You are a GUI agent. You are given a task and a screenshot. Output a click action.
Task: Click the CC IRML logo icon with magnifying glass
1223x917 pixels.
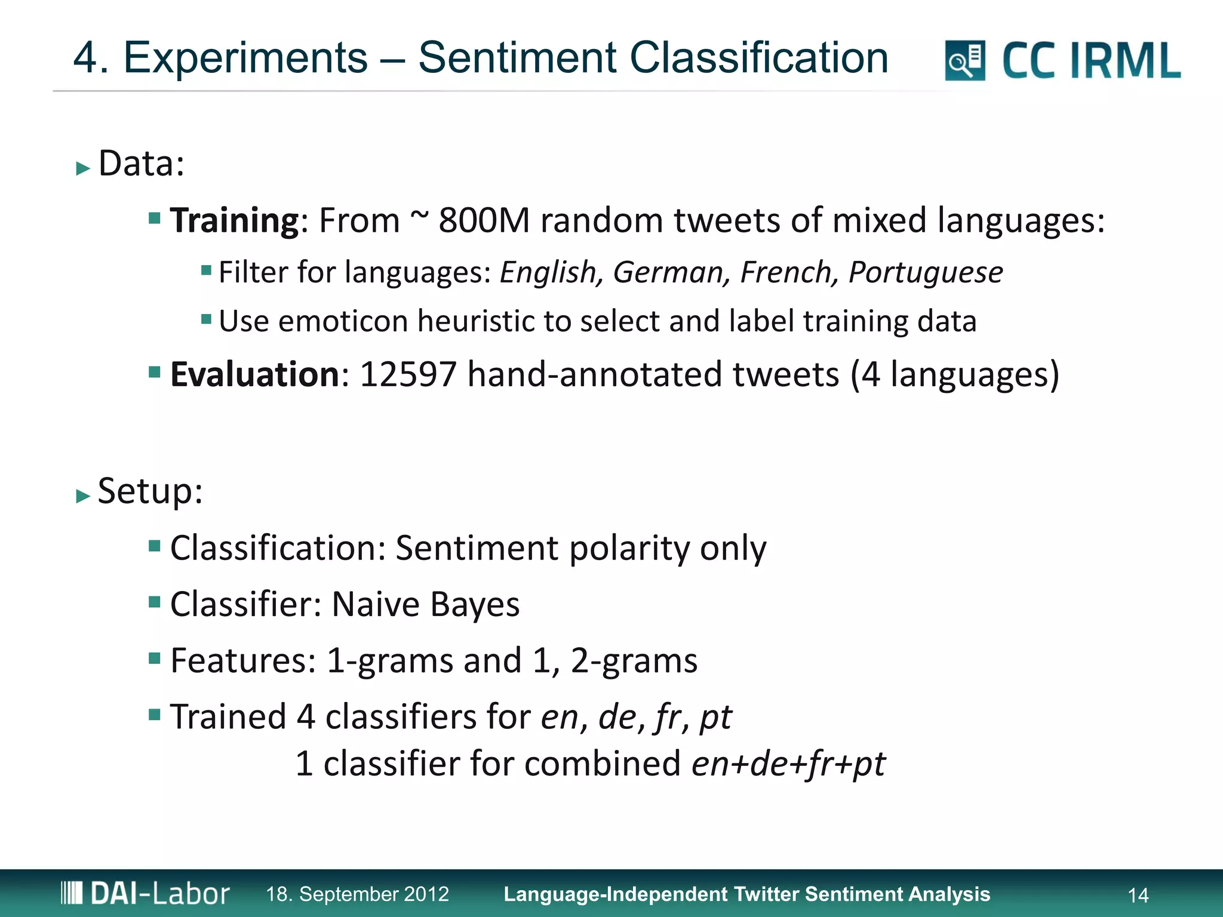[964, 60]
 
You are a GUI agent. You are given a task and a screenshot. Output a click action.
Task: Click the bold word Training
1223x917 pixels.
[234, 220]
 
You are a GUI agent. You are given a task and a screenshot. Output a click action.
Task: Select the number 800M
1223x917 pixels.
[484, 220]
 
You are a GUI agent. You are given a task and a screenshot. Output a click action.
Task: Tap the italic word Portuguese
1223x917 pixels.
[926, 273]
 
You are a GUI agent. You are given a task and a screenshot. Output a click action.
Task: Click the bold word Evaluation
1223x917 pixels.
[255, 374]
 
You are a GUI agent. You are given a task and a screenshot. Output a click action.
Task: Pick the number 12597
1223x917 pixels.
[408, 374]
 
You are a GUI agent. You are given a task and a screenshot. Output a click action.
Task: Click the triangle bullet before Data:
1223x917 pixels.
[83, 168]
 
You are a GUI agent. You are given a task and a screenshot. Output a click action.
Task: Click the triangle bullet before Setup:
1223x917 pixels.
[83, 496]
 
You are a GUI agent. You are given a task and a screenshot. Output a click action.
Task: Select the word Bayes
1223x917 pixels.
[475, 604]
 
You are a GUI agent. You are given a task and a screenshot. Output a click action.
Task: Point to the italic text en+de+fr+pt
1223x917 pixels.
[788, 764]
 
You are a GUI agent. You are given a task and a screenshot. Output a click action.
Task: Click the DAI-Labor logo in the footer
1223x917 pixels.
[145, 894]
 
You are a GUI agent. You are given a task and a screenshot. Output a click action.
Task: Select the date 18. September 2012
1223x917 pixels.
[357, 894]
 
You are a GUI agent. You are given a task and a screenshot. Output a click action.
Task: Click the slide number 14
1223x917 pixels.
[1138, 895]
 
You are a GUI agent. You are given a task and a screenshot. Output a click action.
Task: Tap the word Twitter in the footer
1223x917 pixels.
[766, 894]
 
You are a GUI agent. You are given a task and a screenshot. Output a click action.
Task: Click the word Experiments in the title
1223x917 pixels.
[245, 58]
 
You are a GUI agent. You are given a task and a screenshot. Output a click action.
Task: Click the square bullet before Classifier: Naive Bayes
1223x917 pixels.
[155, 601]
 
